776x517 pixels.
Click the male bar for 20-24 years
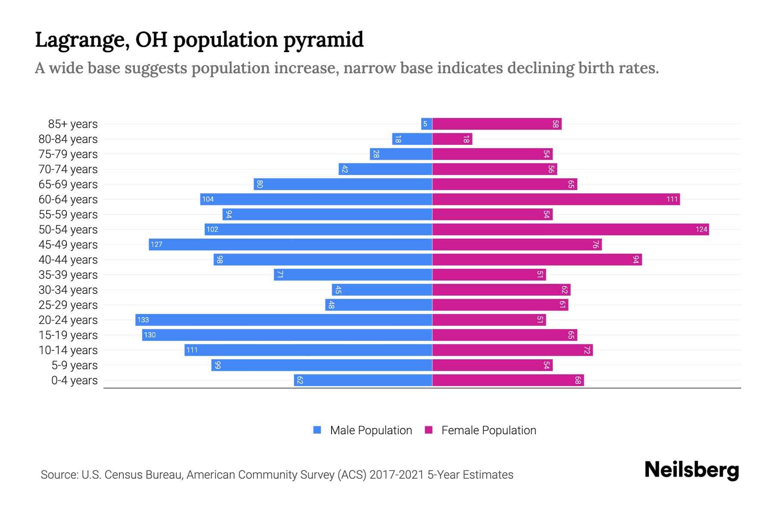(x=284, y=320)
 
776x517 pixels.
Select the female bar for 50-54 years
(x=570, y=229)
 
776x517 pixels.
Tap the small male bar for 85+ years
(x=427, y=124)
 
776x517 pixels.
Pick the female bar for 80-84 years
(x=452, y=139)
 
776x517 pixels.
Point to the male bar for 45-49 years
(x=291, y=244)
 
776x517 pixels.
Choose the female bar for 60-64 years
(x=556, y=199)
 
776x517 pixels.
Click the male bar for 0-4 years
(x=363, y=380)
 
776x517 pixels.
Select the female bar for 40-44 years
(x=537, y=259)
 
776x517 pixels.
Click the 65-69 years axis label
(x=68, y=184)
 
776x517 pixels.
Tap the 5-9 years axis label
(x=75, y=365)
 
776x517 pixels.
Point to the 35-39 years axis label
(x=68, y=275)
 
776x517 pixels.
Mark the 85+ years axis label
(x=73, y=124)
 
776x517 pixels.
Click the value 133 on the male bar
(x=143, y=320)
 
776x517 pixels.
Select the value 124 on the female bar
(x=701, y=229)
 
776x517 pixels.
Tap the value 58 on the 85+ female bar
(x=555, y=124)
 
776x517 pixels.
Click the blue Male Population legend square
(x=317, y=430)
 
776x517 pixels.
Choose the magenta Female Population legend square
(x=429, y=430)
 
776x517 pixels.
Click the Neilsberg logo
(x=692, y=470)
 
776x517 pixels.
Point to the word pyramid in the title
(x=323, y=40)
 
